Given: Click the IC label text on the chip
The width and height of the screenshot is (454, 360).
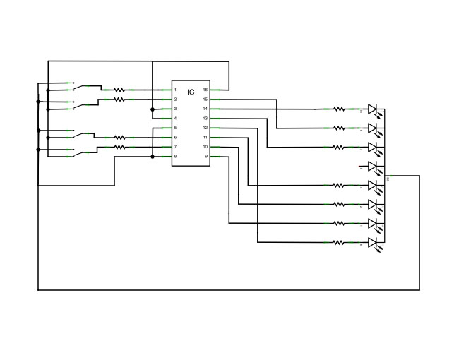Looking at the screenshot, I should (191, 92).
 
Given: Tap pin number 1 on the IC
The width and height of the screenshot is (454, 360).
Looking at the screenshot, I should (175, 90).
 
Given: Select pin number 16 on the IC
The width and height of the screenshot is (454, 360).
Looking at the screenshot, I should (205, 90).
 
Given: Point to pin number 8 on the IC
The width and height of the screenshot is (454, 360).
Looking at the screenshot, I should (175, 156).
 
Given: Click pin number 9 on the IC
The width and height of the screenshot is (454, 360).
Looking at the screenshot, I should (205, 156).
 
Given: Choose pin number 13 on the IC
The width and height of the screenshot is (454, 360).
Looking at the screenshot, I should (205, 119).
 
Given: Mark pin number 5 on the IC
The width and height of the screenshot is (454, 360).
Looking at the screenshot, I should (175, 128).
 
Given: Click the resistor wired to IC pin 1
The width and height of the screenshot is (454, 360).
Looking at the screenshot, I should (119, 90).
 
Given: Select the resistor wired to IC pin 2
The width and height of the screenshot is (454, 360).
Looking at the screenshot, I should (119, 100).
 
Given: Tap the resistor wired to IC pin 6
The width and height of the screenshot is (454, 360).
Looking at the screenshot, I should (119, 137).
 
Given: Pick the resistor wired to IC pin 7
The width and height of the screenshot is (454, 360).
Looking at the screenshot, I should (119, 147).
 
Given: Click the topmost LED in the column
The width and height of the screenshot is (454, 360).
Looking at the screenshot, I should (374, 109).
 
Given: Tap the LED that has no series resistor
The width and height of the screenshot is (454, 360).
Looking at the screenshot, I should (374, 167).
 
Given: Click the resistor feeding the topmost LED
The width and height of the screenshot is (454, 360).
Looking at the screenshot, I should (339, 109).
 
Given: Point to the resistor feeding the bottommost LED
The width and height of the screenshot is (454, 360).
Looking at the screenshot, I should (339, 242).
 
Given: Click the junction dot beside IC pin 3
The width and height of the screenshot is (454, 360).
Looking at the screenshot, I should (153, 109).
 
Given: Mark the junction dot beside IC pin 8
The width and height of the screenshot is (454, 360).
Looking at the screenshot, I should (153, 156).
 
